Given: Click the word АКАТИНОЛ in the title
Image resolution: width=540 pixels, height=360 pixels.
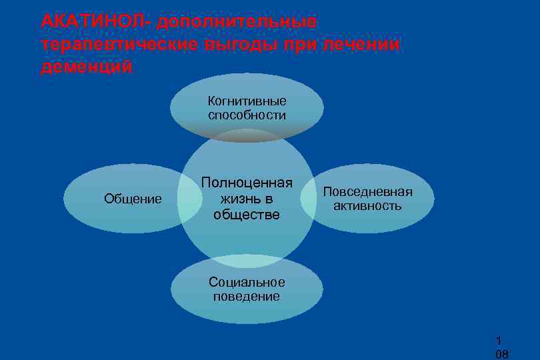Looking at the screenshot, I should coord(95,21).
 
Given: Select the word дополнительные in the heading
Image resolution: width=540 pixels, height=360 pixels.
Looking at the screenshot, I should coord(237,21).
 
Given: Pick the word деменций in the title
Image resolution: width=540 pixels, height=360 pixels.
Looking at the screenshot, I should coord(85,67).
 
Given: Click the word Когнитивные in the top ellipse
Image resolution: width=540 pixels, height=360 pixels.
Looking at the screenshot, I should coord(247,101).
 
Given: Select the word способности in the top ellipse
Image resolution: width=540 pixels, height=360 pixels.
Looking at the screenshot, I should coord(247,115).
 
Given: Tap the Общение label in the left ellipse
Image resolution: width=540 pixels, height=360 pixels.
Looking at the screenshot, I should coord(133,199).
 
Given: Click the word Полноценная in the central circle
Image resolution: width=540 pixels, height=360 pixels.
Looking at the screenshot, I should coord(247,183).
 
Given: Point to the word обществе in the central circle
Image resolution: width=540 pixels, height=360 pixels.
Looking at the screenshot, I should coord(247,214).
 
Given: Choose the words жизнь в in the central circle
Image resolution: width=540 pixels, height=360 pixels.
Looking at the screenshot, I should coord(247,199).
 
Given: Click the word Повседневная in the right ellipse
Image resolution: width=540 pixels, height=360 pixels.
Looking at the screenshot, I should coord(367,192).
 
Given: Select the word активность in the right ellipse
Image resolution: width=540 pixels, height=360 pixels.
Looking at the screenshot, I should coord(367,206).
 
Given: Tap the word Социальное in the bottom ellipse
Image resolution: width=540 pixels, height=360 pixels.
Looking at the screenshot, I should coord(247,282).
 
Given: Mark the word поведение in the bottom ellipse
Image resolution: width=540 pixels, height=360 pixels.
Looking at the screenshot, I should coord(247,297).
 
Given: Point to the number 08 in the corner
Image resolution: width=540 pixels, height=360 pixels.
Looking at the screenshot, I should coord(501,354).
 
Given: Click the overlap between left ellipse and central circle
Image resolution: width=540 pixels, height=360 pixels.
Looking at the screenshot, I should coord(190,199).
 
